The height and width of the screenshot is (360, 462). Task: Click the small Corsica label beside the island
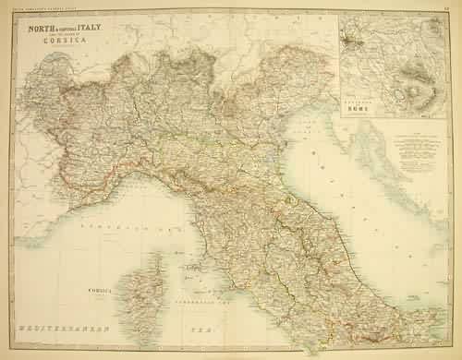point(126,286)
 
